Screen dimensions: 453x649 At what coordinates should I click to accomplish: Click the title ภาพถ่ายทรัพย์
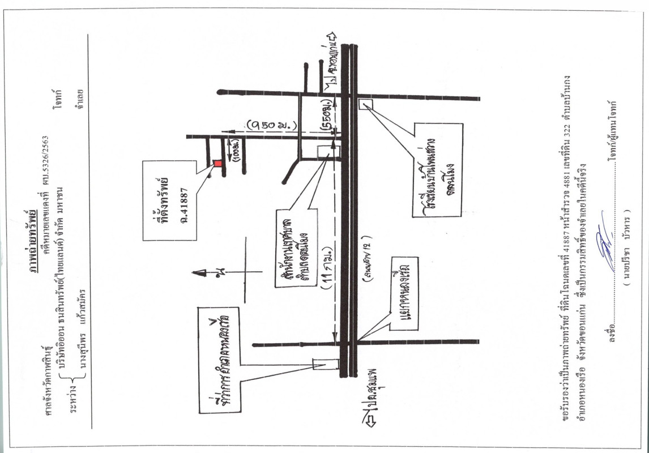pos(40,238)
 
